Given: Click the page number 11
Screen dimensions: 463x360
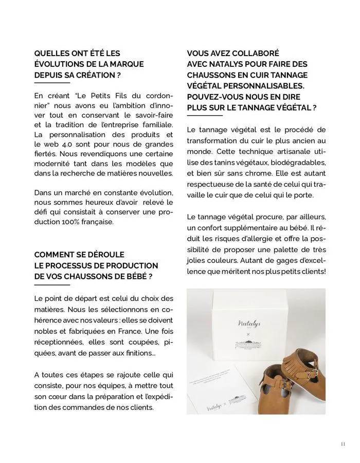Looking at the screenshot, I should [343, 444].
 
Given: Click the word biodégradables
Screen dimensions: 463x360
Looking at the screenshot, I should [298, 162].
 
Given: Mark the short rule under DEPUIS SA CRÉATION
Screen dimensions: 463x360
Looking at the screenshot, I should [51, 83].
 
